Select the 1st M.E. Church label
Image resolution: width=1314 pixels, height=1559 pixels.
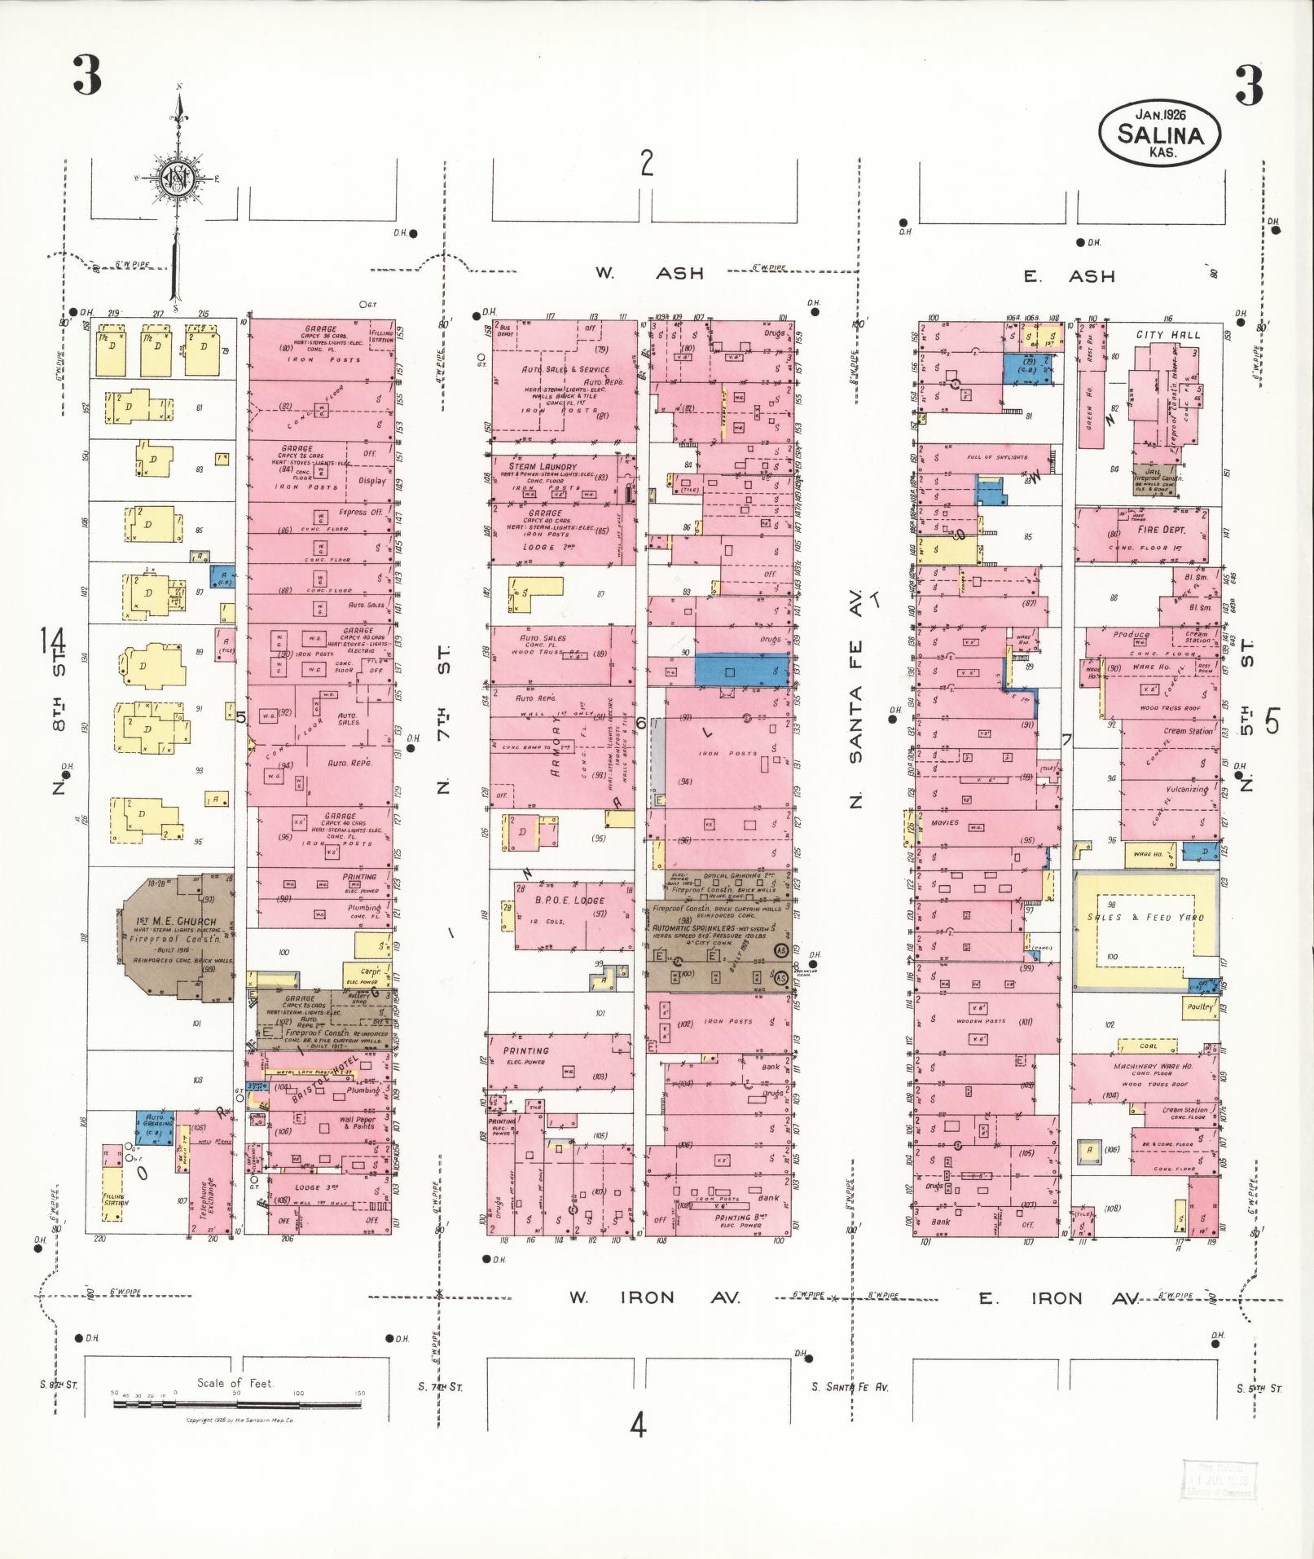tap(177, 923)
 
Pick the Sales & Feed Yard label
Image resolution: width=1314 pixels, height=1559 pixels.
tap(1145, 917)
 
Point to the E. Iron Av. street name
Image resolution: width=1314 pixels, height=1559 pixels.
tap(1058, 1297)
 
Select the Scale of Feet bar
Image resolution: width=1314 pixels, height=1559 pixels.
tap(237, 1403)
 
